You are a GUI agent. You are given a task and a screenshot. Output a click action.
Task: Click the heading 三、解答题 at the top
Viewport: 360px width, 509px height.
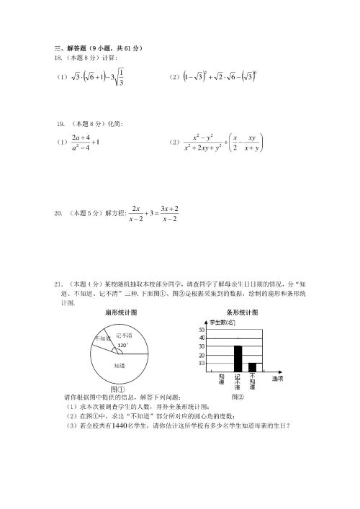coord(71,48)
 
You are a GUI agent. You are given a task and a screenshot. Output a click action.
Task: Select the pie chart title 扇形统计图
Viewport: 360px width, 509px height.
coord(121,313)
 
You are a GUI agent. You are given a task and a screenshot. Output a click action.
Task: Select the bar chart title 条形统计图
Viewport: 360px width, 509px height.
coord(241,313)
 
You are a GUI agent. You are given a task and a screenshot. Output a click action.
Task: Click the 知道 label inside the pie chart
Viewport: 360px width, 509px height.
coord(120,366)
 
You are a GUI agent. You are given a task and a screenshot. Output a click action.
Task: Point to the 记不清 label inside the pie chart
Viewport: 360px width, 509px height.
coord(124,335)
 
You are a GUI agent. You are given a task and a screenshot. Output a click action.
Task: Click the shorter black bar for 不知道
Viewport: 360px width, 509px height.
coord(253,367)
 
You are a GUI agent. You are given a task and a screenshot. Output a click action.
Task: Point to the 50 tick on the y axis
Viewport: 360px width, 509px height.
coord(202,329)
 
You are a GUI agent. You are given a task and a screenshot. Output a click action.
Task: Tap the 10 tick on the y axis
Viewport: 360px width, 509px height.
coord(202,364)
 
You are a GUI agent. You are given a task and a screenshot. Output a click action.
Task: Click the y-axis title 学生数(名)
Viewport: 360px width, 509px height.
coord(222,323)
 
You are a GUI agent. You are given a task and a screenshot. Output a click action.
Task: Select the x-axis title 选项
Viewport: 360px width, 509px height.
coord(277,377)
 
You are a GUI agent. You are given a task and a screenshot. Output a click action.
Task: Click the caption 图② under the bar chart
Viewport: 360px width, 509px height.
coord(238,396)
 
